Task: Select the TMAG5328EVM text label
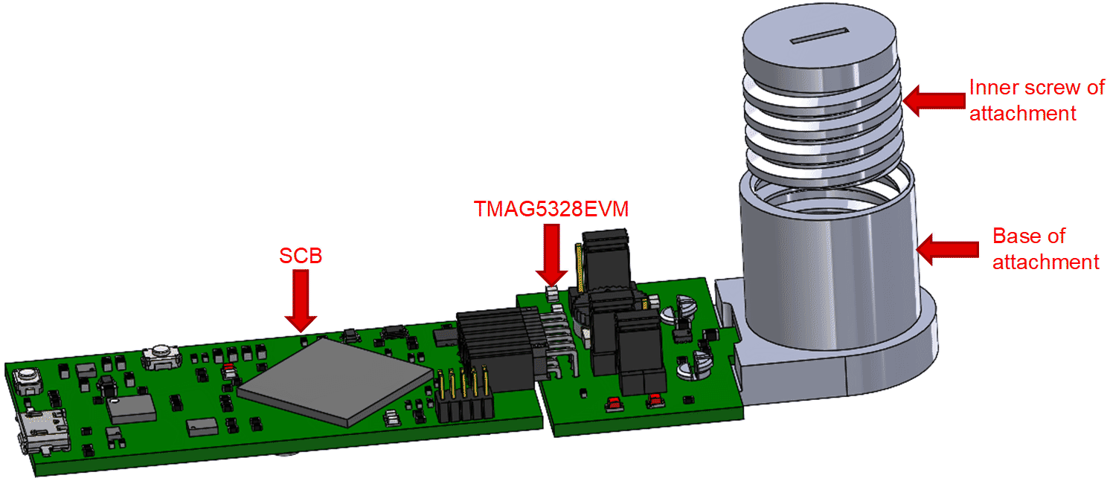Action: (x=551, y=209)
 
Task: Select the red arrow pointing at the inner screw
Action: (x=934, y=100)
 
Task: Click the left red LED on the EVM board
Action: (x=615, y=404)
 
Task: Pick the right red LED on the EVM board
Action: (x=655, y=401)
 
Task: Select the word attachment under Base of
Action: (x=1045, y=262)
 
